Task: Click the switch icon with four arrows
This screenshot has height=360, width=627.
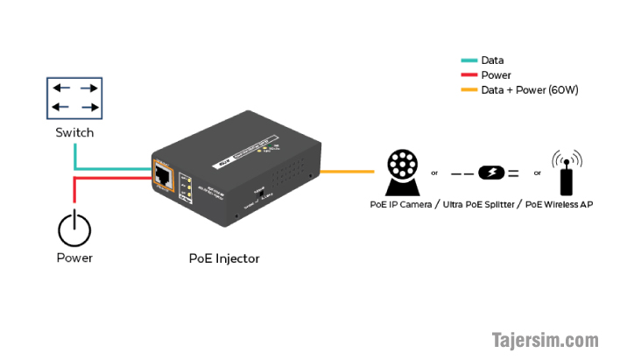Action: [x=74, y=98]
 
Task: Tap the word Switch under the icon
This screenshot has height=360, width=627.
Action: [x=74, y=133]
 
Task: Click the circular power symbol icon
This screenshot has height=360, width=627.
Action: [x=74, y=229]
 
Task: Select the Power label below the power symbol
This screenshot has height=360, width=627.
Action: [x=74, y=258]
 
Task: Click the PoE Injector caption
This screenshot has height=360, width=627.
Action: [x=224, y=258]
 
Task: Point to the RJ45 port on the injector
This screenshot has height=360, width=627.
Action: [x=163, y=174]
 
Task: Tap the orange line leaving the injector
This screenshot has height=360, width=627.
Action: [x=350, y=172]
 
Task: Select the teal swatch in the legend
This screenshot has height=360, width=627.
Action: [x=468, y=61]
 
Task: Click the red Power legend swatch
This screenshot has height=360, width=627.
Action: [x=468, y=75]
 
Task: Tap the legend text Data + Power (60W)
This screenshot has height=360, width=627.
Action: [x=529, y=89]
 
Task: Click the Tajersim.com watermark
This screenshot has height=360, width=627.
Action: [x=544, y=339]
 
